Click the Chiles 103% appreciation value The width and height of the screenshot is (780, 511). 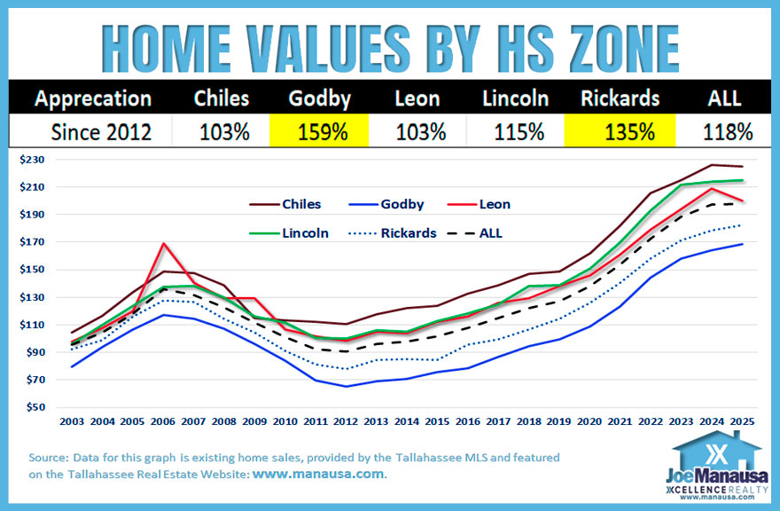point(221,133)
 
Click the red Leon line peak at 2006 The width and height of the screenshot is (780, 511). point(164,243)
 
